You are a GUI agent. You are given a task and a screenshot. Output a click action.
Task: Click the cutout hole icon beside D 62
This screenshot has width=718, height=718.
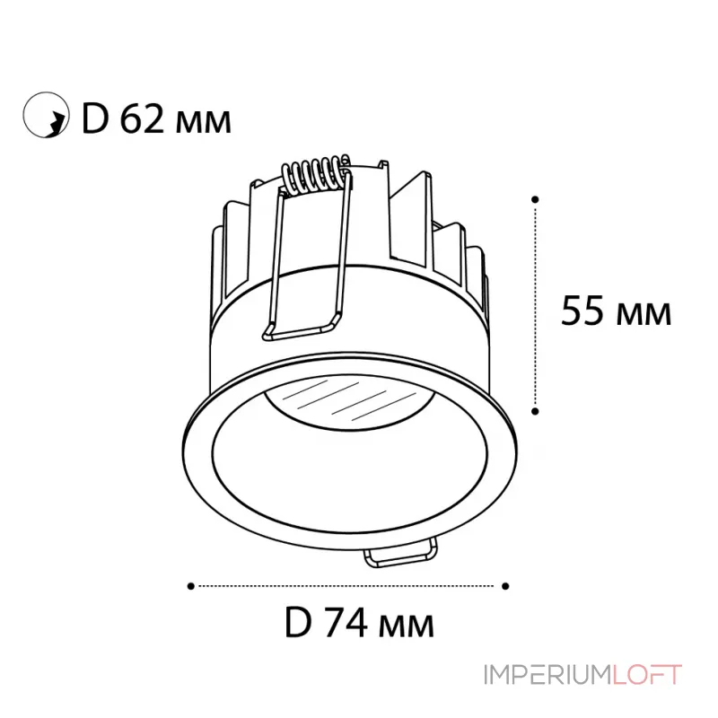click(x=46, y=115)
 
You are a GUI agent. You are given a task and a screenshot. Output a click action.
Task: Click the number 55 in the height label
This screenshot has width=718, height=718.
click(x=582, y=311)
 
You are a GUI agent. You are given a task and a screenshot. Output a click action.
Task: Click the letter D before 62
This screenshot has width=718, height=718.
click(x=95, y=119)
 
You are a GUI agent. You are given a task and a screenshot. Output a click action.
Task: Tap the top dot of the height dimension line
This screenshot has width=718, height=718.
click(x=535, y=199)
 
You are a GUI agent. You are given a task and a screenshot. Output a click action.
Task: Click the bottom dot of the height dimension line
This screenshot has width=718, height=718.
click(x=535, y=412)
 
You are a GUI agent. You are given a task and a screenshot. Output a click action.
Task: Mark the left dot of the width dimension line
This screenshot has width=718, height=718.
click(x=191, y=586)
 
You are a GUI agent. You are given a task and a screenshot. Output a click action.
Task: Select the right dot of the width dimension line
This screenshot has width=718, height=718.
click(x=505, y=586)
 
